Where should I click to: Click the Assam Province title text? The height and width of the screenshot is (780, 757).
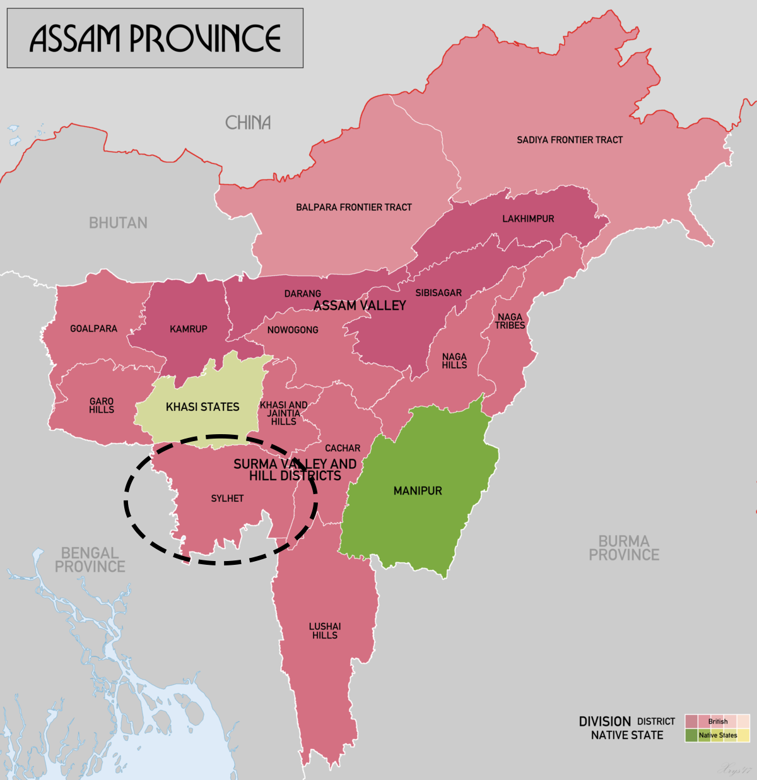point(155,38)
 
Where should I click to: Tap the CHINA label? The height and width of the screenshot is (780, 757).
point(248,122)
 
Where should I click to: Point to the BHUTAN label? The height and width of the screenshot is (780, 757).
point(118,223)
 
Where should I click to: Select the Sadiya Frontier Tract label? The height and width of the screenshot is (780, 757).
point(570,140)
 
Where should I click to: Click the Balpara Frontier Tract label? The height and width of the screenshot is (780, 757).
point(353,207)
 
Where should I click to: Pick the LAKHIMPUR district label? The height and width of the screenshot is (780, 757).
point(528,219)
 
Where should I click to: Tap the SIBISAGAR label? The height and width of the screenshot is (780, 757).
point(438,293)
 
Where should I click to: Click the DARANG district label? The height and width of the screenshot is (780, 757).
point(302,293)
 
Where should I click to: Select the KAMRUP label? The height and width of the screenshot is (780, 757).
point(188,329)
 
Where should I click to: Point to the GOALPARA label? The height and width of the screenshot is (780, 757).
point(93,329)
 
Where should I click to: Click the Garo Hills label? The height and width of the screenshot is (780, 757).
point(102,405)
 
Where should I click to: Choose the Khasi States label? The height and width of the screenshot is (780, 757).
point(202,407)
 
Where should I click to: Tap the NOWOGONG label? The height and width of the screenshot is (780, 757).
point(293,330)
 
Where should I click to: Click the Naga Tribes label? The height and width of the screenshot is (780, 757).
point(510,321)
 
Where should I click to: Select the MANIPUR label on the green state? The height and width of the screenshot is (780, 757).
point(418,491)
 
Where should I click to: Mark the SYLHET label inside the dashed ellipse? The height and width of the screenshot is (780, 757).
point(227,499)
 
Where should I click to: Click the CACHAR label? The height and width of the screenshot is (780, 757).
point(343,448)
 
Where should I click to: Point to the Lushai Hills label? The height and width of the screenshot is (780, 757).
point(325,630)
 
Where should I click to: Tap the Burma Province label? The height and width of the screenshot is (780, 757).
point(624,548)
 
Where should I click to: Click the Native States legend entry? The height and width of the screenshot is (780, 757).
point(717,735)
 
